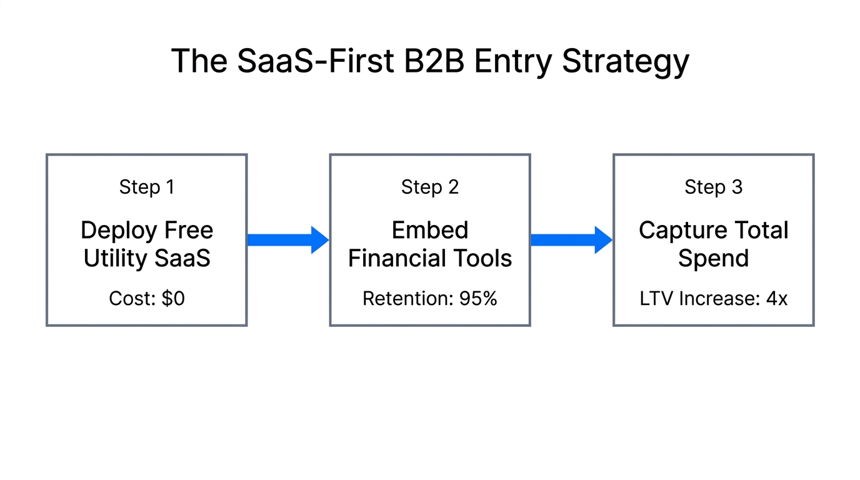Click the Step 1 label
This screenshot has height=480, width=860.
click(x=147, y=187)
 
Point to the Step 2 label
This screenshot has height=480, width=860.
click(x=430, y=187)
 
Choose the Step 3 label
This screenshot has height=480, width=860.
click(x=713, y=187)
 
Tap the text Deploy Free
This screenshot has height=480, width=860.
click(x=147, y=230)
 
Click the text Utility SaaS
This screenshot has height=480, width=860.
click(x=147, y=258)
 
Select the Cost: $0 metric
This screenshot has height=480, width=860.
click(x=147, y=299)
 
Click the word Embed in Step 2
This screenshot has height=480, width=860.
click(x=430, y=230)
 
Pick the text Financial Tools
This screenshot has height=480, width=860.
click(x=430, y=258)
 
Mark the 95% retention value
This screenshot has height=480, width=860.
click(x=478, y=299)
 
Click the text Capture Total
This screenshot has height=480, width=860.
click(x=713, y=230)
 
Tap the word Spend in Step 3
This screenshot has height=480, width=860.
click(x=713, y=258)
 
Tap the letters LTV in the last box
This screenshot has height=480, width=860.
click(x=656, y=299)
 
